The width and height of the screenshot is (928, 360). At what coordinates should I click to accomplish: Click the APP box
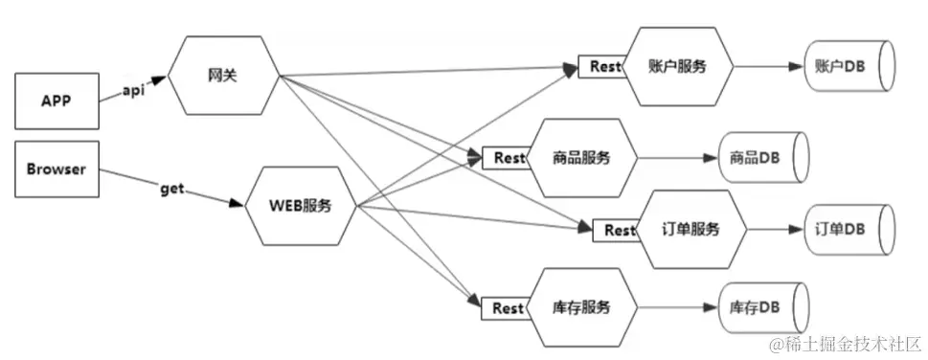click(57, 100)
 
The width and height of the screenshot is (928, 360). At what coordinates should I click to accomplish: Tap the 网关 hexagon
click(221, 77)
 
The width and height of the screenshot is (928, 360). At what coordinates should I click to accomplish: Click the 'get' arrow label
click(172, 190)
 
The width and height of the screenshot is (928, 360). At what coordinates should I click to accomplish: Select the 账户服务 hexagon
click(678, 66)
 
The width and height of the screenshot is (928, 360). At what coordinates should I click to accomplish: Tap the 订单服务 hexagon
click(690, 229)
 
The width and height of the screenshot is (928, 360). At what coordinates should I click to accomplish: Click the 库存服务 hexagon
click(581, 307)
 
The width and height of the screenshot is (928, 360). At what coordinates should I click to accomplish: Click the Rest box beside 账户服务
click(600, 67)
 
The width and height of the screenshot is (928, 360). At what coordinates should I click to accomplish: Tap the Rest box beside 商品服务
click(504, 157)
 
